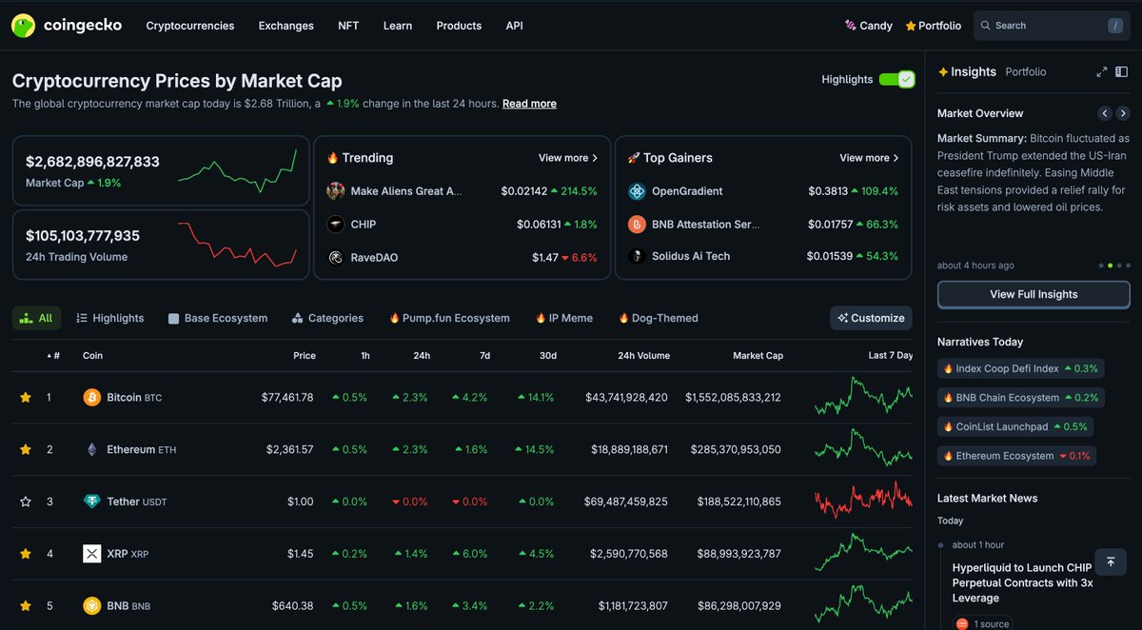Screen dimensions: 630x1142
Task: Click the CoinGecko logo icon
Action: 24,26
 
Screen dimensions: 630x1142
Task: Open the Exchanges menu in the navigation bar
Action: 285,26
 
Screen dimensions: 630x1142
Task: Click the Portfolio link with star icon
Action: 933,26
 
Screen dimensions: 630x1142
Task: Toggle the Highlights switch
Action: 896,80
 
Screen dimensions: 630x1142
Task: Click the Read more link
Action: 529,104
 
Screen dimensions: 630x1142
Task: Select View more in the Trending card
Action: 567,158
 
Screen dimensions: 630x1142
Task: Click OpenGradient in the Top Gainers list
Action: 686,191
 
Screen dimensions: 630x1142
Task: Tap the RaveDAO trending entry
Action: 374,257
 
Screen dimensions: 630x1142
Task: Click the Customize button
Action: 871,318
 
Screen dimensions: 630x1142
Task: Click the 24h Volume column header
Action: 643,355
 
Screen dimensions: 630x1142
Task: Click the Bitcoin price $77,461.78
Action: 286,397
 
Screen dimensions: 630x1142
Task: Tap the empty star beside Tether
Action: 26,502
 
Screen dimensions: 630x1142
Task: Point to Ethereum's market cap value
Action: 733,449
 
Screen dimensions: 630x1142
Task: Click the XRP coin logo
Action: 91,553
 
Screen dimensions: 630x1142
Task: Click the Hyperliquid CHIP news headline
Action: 1021,582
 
